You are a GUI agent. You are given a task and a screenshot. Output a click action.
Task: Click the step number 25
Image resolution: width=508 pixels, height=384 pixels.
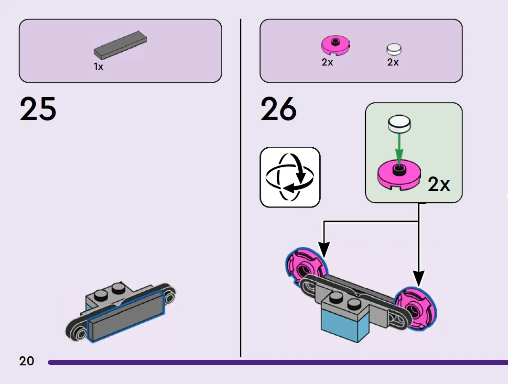38,109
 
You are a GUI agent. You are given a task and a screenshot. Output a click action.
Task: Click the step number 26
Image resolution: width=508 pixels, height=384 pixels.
279,109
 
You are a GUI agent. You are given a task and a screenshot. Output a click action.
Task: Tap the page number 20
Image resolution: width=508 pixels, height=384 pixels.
27,361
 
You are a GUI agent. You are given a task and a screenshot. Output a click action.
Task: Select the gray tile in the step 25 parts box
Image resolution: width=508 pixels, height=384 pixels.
120,45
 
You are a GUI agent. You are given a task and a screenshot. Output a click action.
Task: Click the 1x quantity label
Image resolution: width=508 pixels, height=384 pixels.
98,66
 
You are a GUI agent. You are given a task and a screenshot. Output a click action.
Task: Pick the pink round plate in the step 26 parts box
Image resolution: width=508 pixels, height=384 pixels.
335,45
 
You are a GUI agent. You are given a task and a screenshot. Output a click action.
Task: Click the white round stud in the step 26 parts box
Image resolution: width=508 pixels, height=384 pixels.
394,49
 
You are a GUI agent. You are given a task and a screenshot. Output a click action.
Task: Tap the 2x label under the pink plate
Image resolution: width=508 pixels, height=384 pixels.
327,62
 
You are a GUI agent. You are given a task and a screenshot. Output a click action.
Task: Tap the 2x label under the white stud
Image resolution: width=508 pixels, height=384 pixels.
393,62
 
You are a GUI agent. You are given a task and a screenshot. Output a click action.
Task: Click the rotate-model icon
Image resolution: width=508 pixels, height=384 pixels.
290,177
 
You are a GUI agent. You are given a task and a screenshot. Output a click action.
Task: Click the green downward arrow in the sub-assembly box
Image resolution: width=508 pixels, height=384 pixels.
400,149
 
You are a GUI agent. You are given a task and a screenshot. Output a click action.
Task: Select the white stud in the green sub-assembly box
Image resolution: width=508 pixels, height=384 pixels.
400,123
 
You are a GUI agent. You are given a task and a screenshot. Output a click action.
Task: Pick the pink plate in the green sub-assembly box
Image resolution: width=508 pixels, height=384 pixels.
399,175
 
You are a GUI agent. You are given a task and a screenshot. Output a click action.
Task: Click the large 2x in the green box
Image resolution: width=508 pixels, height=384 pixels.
439,184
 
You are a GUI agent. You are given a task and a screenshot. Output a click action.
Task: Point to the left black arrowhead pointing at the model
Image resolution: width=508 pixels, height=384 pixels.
324,250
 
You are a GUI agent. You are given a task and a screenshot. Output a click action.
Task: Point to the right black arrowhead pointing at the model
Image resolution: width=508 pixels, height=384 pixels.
419,279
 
